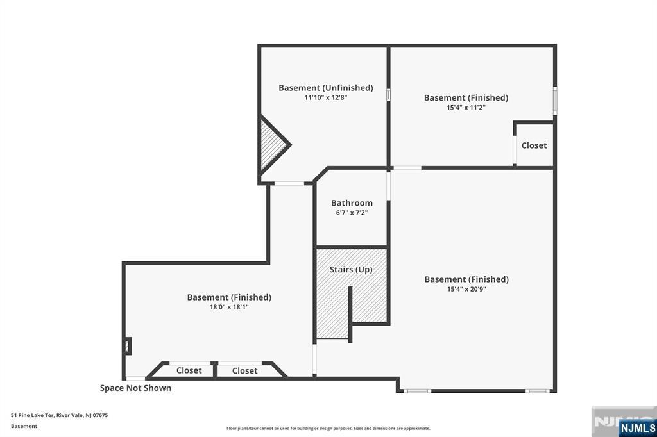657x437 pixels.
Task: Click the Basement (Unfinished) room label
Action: (x=325, y=88)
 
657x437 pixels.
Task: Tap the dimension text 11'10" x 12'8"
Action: (x=325, y=98)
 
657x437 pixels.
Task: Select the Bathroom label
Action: (x=352, y=203)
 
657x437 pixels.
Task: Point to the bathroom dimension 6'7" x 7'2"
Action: (x=352, y=213)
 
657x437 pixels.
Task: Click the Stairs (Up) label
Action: (x=351, y=270)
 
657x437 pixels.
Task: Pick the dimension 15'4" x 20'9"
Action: (x=466, y=289)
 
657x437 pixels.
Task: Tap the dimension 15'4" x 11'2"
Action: (x=466, y=107)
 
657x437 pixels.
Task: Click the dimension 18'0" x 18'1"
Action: (x=229, y=307)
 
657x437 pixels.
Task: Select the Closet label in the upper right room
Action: (x=534, y=145)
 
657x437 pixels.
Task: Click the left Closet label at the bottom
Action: (x=189, y=370)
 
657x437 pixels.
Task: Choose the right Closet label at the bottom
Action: (x=244, y=371)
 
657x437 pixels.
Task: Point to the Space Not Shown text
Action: (x=135, y=388)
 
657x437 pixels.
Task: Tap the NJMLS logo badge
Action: (x=637, y=427)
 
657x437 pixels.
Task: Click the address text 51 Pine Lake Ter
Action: (x=32, y=415)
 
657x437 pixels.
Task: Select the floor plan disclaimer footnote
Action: (x=328, y=428)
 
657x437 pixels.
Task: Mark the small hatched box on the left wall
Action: (x=128, y=346)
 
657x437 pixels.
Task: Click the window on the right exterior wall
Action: (x=555, y=101)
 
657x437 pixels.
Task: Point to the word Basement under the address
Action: (x=24, y=426)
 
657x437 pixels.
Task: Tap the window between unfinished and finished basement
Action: (x=388, y=95)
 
